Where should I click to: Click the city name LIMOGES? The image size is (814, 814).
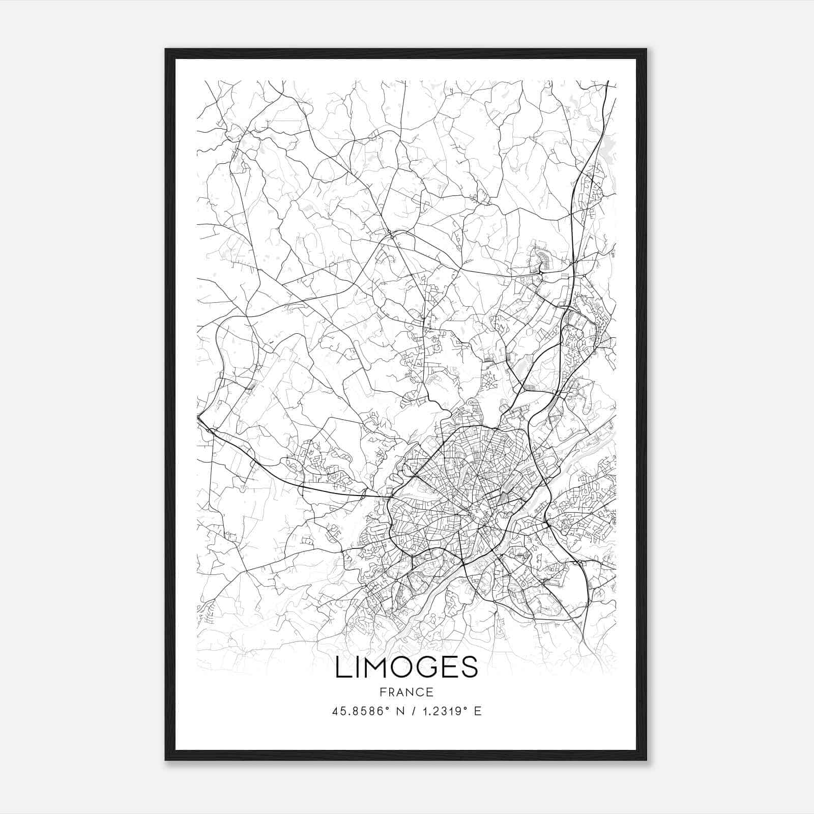point(406,667)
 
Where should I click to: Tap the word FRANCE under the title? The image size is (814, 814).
point(406,692)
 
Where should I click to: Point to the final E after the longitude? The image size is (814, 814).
point(477,711)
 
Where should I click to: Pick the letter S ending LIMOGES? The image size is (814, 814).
point(470,667)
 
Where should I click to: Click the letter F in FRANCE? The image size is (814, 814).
point(383,692)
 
